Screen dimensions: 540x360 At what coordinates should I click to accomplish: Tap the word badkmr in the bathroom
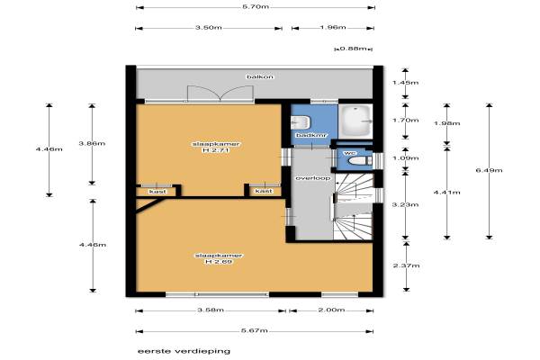(x=312, y=135)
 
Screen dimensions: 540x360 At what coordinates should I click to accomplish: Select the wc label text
(x=352, y=153)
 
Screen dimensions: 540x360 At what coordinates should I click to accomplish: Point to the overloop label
(x=313, y=178)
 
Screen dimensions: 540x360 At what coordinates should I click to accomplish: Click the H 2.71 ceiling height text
(x=217, y=150)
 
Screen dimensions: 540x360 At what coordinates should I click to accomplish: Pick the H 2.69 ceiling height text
(x=219, y=262)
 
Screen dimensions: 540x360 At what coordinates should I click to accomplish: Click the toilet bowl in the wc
(x=359, y=161)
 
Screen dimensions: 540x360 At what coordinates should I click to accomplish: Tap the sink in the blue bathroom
(x=301, y=122)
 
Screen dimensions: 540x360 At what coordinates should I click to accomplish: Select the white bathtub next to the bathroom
(x=356, y=121)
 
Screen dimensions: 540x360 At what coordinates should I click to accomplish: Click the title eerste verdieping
(x=184, y=351)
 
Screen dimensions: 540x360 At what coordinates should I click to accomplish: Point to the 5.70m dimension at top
(x=256, y=6)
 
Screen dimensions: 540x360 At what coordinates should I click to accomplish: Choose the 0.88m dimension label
(x=354, y=49)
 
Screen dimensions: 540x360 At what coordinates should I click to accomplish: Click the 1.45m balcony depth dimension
(x=405, y=82)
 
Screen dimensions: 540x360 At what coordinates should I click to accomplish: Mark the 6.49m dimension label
(x=489, y=170)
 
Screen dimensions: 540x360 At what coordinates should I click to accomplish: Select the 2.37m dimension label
(x=407, y=265)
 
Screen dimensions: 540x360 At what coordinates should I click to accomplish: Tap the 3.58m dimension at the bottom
(x=211, y=310)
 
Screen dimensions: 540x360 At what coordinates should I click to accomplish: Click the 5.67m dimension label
(x=255, y=330)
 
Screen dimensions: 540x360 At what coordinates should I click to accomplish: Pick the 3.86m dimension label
(x=92, y=143)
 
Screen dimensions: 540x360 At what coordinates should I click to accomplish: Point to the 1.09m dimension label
(x=406, y=158)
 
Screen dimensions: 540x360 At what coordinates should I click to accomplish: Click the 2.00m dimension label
(x=331, y=310)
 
